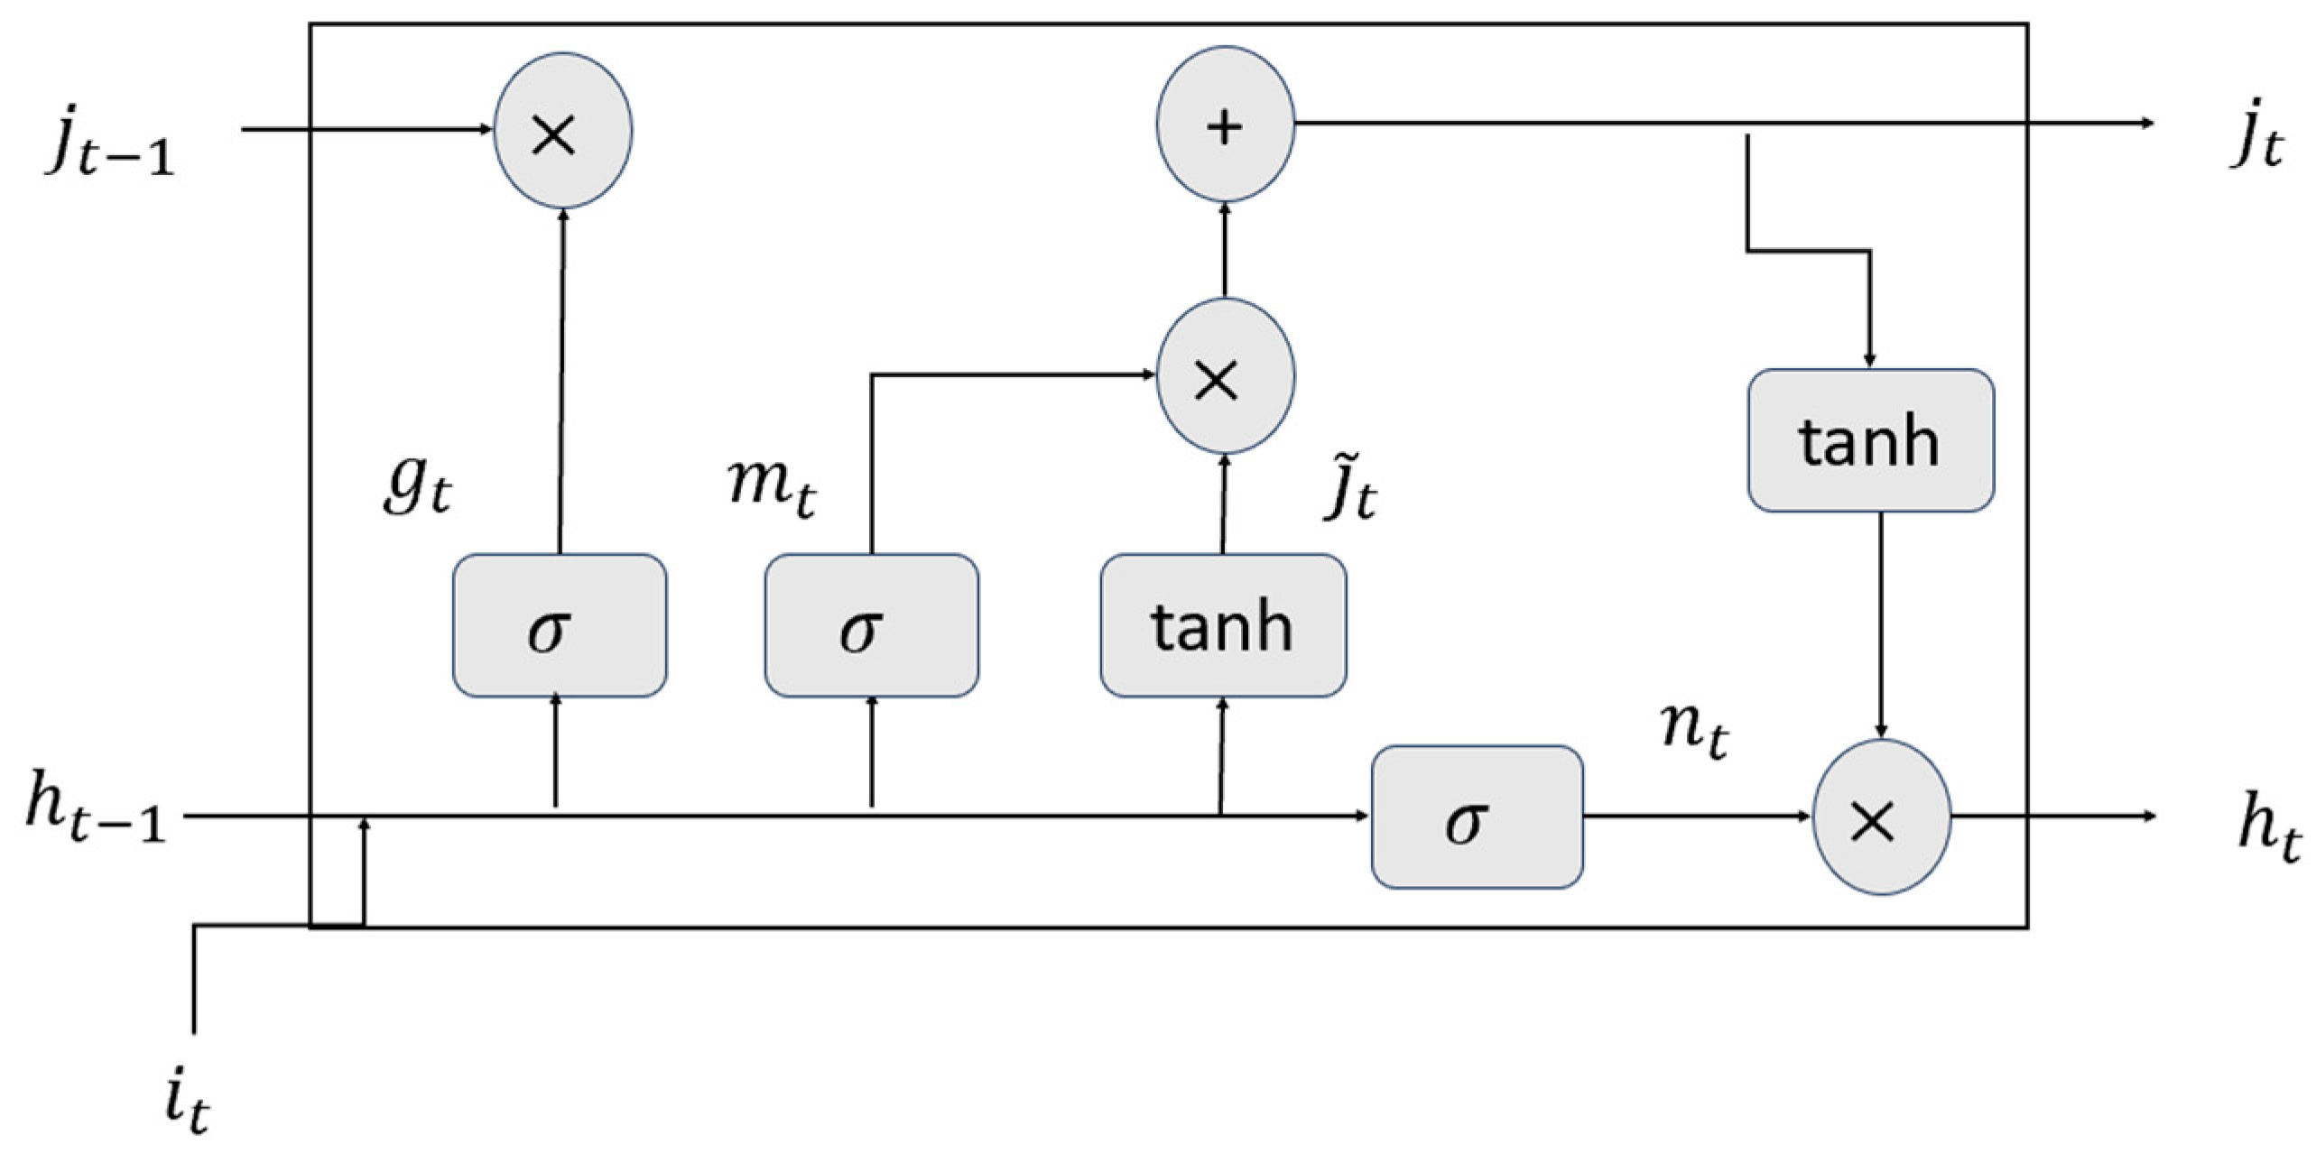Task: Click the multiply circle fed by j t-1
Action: click(562, 132)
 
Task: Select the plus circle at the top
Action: click(1225, 125)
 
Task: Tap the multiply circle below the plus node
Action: click(1225, 376)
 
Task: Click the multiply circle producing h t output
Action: click(1881, 817)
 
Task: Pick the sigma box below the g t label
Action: click(560, 625)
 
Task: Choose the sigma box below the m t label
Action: click(871, 625)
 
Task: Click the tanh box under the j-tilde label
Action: click(1223, 625)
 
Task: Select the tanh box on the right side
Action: click(1870, 440)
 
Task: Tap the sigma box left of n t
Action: click(1477, 817)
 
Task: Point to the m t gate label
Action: click(773, 487)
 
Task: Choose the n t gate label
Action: click(1695, 729)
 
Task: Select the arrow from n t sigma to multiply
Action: click(1697, 817)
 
